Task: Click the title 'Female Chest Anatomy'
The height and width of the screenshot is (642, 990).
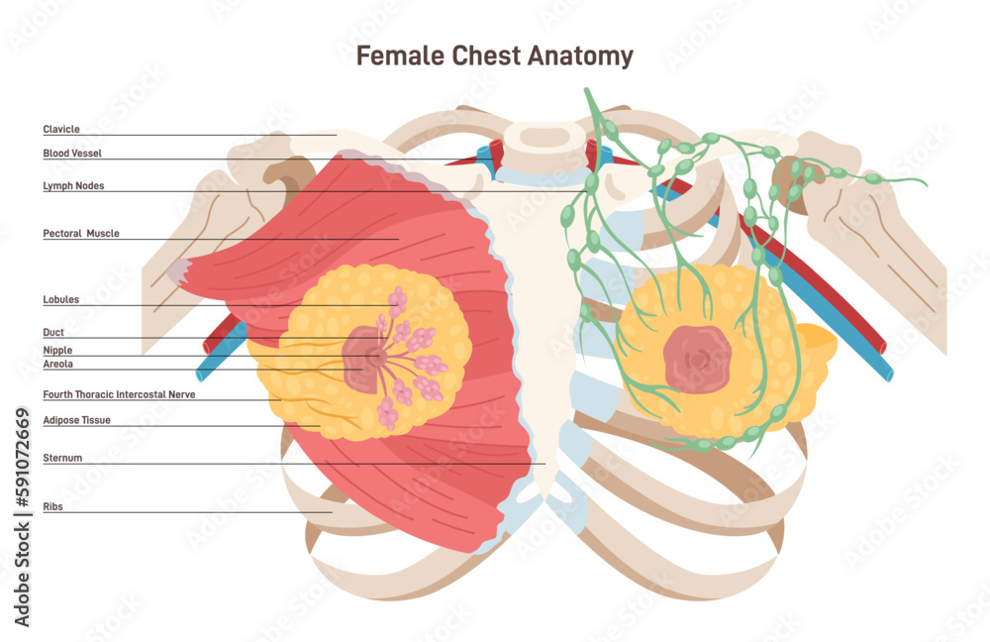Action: point(494,56)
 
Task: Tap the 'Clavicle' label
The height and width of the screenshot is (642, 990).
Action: point(61,129)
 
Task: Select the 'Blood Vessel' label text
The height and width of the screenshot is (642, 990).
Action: point(72,154)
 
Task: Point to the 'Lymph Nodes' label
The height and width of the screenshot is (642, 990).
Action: point(73,185)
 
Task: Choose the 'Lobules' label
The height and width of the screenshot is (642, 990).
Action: point(61,299)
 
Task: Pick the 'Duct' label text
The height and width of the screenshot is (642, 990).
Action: point(53,333)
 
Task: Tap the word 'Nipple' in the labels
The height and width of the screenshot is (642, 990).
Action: point(57,351)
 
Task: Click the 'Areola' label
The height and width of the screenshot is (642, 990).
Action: point(57,365)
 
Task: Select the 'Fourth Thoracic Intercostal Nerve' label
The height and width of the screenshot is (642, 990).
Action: point(119,394)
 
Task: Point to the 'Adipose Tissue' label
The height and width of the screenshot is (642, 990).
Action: point(76,420)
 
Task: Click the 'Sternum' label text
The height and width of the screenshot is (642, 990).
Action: point(62,459)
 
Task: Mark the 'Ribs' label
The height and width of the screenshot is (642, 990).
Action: point(52,506)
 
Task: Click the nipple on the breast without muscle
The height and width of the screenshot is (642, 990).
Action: point(697,357)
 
